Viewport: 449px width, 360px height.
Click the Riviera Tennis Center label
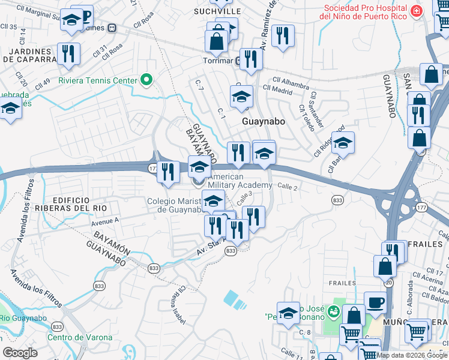97,80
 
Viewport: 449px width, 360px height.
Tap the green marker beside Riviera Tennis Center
145,80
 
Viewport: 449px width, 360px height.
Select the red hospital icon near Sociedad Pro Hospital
415,11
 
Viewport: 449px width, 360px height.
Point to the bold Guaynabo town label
263,121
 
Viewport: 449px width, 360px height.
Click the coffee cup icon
376,303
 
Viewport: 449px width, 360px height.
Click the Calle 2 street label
287,188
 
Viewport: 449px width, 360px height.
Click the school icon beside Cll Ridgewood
343,143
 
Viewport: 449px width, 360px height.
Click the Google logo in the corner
20,353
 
